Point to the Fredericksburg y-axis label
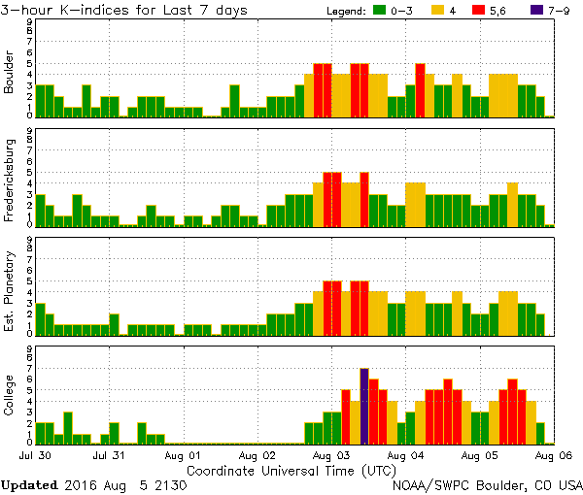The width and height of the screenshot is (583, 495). [x=9, y=179]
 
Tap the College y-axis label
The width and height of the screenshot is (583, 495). [x=9, y=396]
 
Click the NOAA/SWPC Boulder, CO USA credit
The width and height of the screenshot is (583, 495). [x=487, y=483]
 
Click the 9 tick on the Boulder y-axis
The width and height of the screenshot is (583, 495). [x=29, y=20]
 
